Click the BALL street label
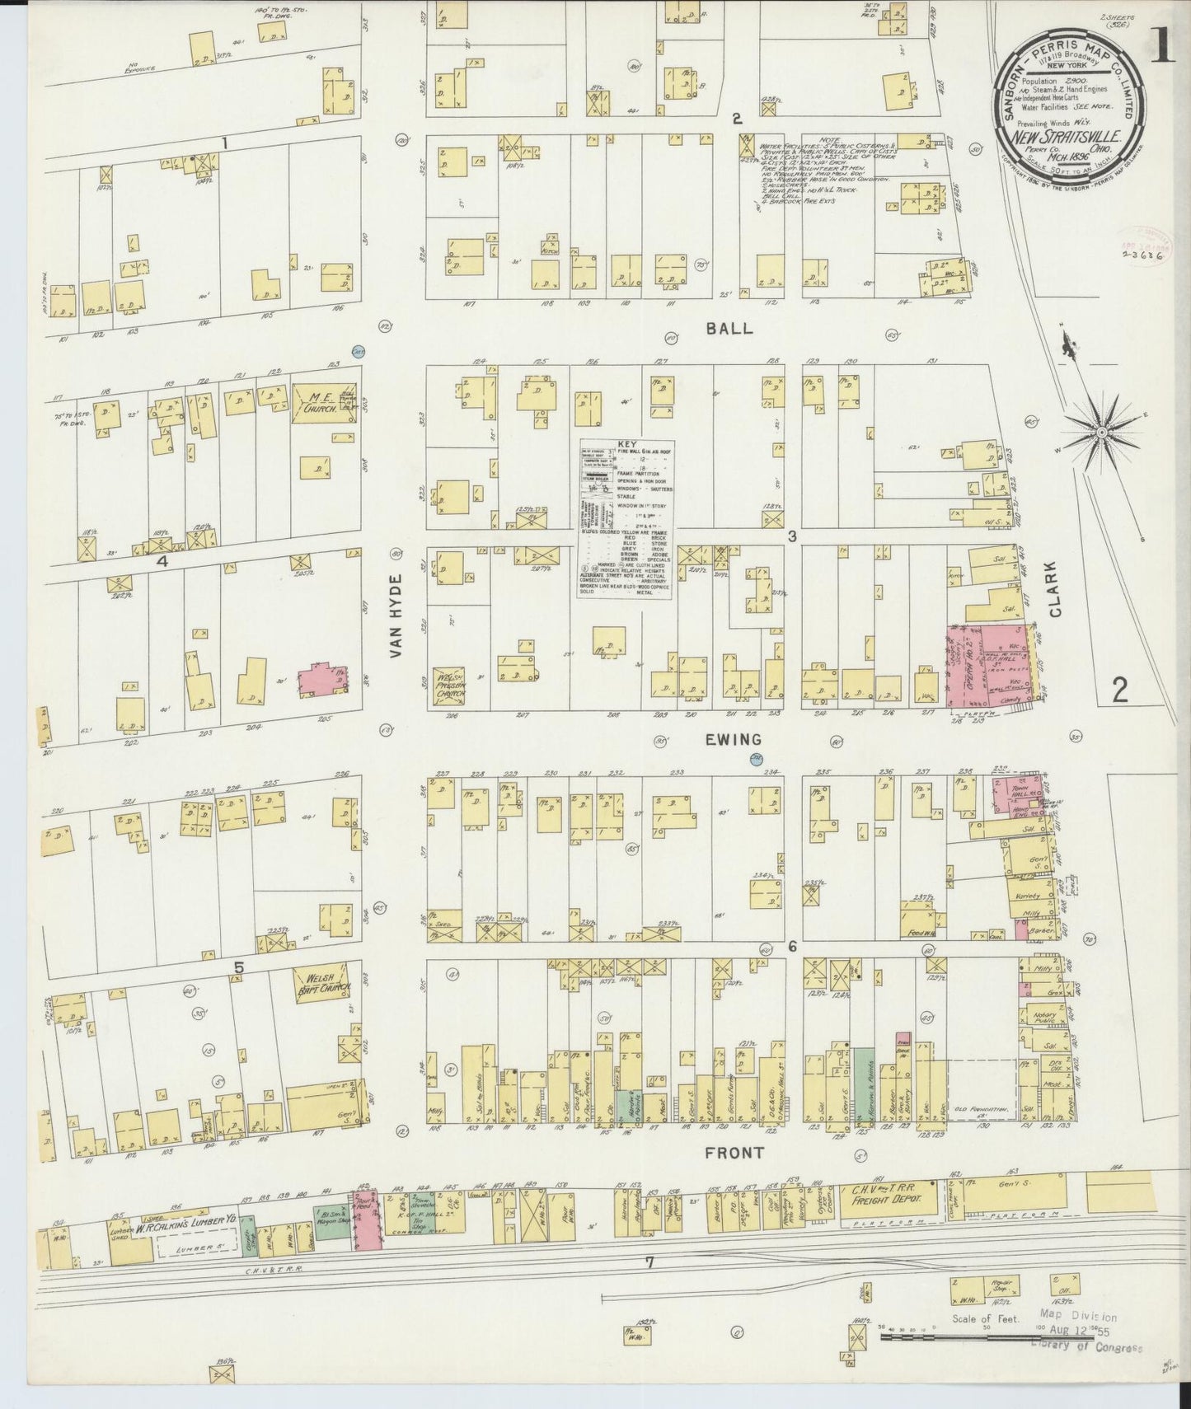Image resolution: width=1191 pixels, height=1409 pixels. [x=730, y=329]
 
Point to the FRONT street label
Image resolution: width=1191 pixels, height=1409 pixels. [x=734, y=1154]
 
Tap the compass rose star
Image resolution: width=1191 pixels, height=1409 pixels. [x=1101, y=432]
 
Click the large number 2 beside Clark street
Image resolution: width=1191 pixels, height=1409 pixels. [x=1119, y=690]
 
